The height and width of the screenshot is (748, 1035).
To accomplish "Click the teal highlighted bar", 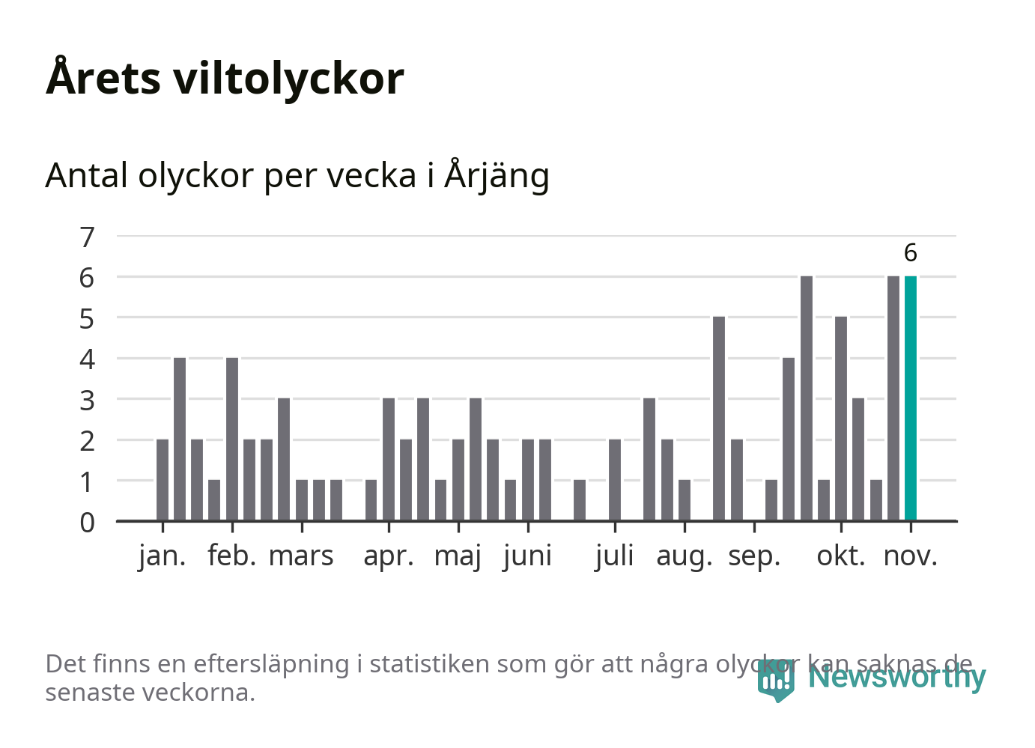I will (910, 398).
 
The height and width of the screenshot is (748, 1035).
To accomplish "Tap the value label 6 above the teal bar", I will (910, 253).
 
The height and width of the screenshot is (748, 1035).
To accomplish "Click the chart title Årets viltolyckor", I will (225, 78).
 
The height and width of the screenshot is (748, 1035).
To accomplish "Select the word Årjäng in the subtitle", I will (497, 176).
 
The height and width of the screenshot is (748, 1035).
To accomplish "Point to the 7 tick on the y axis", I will (88, 237).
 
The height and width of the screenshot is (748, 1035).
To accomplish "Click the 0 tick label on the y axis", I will (88, 522).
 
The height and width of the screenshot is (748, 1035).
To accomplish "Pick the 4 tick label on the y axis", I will (88, 359).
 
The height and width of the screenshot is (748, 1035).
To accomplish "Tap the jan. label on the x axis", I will (162, 556).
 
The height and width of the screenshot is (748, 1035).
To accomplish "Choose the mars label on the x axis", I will (301, 556).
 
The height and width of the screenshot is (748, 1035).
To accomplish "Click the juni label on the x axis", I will (527, 556).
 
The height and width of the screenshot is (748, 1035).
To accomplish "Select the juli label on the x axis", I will (614, 556).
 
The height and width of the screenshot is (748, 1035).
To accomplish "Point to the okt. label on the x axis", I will (840, 556).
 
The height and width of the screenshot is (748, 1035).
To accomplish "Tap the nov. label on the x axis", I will (910, 556).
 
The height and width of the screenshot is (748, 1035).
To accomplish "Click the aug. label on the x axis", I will (684, 556).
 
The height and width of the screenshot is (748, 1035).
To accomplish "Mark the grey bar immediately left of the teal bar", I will (893, 398).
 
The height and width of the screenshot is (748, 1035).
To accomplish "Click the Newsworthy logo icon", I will (775, 680).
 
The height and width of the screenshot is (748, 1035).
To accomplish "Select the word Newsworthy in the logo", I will (896, 677).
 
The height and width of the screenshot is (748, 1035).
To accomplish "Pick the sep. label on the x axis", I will (753, 556).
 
